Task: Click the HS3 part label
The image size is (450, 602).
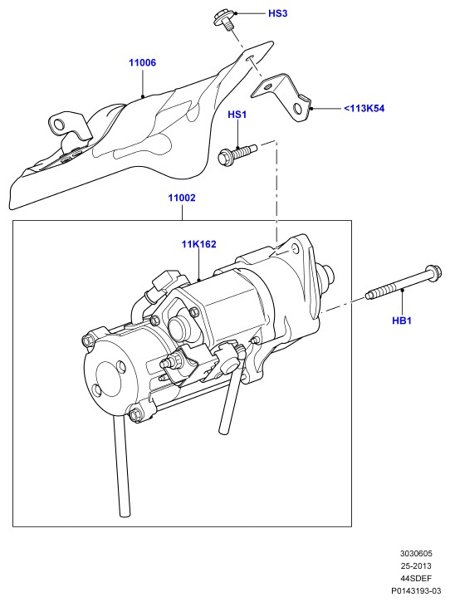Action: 277,13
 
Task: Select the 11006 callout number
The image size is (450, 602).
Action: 143,62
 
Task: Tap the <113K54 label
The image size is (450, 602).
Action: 364,108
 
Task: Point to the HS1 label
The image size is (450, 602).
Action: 237,115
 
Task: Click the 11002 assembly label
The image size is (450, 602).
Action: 182,198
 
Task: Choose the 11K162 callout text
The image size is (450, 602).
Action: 199,244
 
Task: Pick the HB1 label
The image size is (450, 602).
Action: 402,321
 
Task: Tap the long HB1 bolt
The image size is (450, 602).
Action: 404,284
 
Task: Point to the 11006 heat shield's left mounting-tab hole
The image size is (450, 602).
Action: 60,124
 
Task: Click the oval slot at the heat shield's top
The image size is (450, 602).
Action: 251,57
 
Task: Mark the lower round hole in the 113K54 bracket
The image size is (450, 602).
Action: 298,109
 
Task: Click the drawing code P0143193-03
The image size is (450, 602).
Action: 417,591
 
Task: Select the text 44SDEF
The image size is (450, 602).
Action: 417,578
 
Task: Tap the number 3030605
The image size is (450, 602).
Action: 417,553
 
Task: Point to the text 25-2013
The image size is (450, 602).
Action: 417,566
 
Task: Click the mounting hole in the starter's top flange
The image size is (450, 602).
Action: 295,249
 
